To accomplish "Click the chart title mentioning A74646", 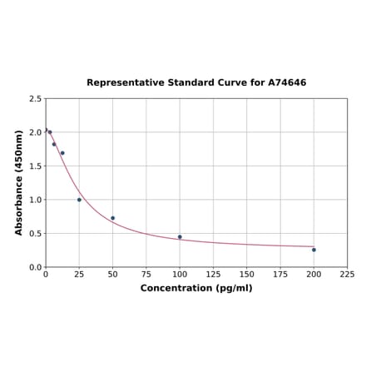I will (x=196, y=83).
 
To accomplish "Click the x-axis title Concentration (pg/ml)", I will (x=196, y=288).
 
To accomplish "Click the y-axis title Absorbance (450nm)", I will (x=19, y=182).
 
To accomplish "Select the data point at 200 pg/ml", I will (x=314, y=250).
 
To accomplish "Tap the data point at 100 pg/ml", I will (x=180, y=236).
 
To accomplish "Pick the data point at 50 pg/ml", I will (x=113, y=218).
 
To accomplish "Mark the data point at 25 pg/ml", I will (x=80, y=200).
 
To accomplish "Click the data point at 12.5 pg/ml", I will (x=62, y=153).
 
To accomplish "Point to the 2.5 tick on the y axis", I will (x=36, y=99).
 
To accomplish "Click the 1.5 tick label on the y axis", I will (x=36, y=166).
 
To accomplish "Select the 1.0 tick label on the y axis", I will (x=36, y=200).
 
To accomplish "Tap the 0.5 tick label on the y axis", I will (x=36, y=234).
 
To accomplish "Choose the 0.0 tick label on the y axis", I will (x=36, y=267).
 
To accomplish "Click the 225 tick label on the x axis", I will (x=347, y=275).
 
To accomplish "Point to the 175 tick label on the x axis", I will (x=280, y=275).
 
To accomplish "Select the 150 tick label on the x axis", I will (x=247, y=275).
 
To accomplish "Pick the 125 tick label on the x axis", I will (x=213, y=275).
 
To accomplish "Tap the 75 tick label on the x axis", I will (x=146, y=275).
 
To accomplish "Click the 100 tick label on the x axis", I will (x=180, y=275).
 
